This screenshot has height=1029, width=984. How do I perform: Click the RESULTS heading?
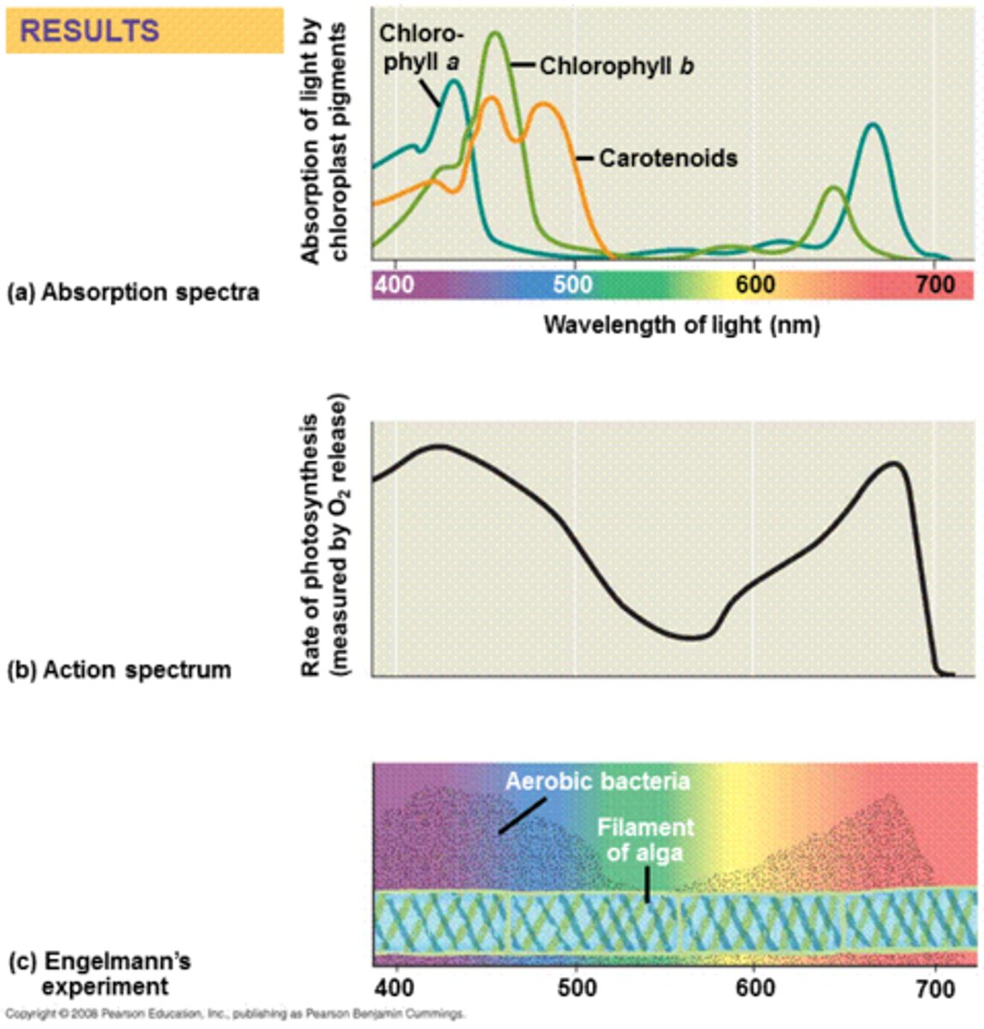tap(89, 31)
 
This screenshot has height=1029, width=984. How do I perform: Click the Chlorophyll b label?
tap(616, 66)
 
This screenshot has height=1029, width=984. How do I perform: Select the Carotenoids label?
tap(667, 158)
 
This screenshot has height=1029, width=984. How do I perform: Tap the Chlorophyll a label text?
tap(421, 49)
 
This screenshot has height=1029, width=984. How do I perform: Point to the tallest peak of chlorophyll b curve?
tap(495, 33)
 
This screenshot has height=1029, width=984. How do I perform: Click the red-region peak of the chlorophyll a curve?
tap(873, 125)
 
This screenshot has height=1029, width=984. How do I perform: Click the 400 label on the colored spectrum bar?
tap(395, 284)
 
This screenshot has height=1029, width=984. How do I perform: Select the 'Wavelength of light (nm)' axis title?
tap(681, 325)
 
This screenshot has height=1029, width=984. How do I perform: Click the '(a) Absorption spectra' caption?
tap(132, 292)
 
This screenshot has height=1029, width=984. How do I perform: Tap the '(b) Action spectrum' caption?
tap(119, 669)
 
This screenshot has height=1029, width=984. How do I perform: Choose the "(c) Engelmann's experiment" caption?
tap(100, 973)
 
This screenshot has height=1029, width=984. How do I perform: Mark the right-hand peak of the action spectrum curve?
tap(894, 464)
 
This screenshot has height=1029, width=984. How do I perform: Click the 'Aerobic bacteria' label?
tap(597, 781)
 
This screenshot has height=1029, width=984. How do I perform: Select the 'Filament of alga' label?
tap(645, 840)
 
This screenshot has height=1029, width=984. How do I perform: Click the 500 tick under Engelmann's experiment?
tap(576, 988)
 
